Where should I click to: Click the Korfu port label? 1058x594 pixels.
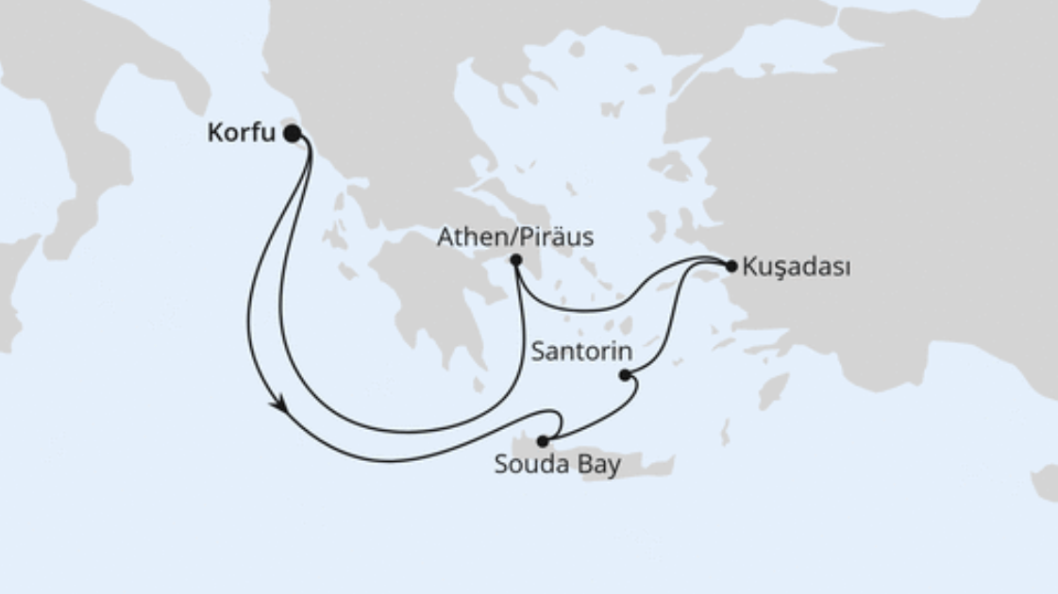click(x=241, y=134)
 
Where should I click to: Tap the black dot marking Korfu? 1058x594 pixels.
click(x=293, y=134)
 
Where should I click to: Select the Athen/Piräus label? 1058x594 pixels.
click(x=515, y=238)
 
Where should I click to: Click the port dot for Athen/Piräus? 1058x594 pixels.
click(x=515, y=259)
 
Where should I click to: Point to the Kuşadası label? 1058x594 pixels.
click(x=796, y=267)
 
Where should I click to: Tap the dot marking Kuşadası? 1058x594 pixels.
click(x=731, y=267)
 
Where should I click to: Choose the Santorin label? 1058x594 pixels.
click(x=577, y=352)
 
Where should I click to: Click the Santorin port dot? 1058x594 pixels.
click(x=625, y=375)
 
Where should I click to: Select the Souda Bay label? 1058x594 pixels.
click(x=558, y=465)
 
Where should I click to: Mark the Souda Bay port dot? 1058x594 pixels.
click(x=542, y=440)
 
